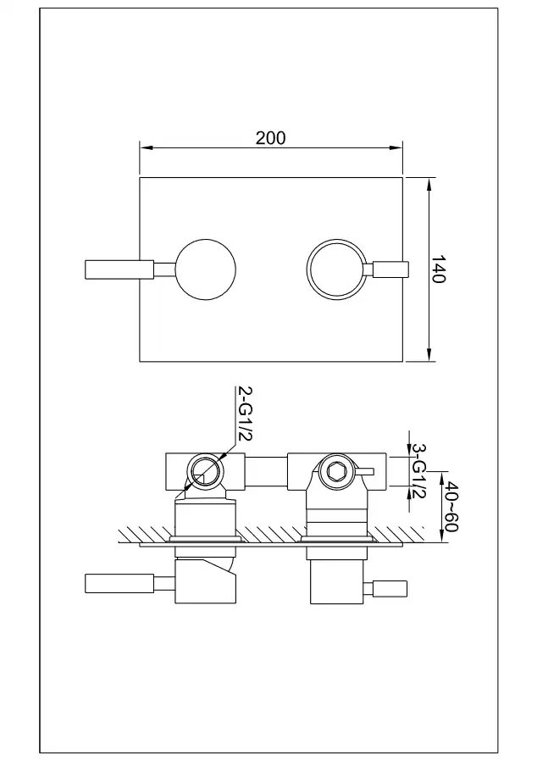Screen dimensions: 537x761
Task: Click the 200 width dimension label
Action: pyautogui.click(x=271, y=138)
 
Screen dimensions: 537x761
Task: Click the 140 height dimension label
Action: pyautogui.click(x=438, y=269)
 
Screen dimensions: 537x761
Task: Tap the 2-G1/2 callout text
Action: pyautogui.click(x=245, y=414)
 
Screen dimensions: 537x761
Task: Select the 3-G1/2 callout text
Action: pyautogui.click(x=418, y=470)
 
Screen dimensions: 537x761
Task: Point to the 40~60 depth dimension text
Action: pyautogui.click(x=451, y=506)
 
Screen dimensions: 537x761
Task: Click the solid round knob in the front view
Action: pyautogui.click(x=206, y=269)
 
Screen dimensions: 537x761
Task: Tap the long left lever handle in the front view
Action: pyautogui.click(x=119, y=269)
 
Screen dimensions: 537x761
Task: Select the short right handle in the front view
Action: pyautogui.click(x=391, y=269)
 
